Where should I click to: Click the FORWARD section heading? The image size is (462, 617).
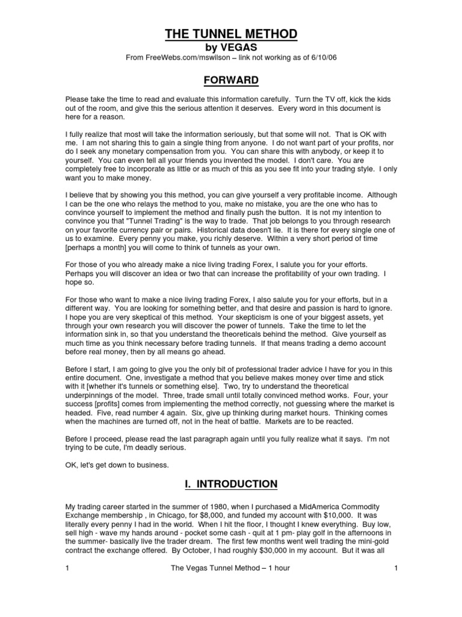click(231, 80)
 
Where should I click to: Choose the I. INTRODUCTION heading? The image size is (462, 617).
click(231, 484)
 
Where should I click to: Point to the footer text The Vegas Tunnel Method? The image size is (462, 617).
click(213, 584)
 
